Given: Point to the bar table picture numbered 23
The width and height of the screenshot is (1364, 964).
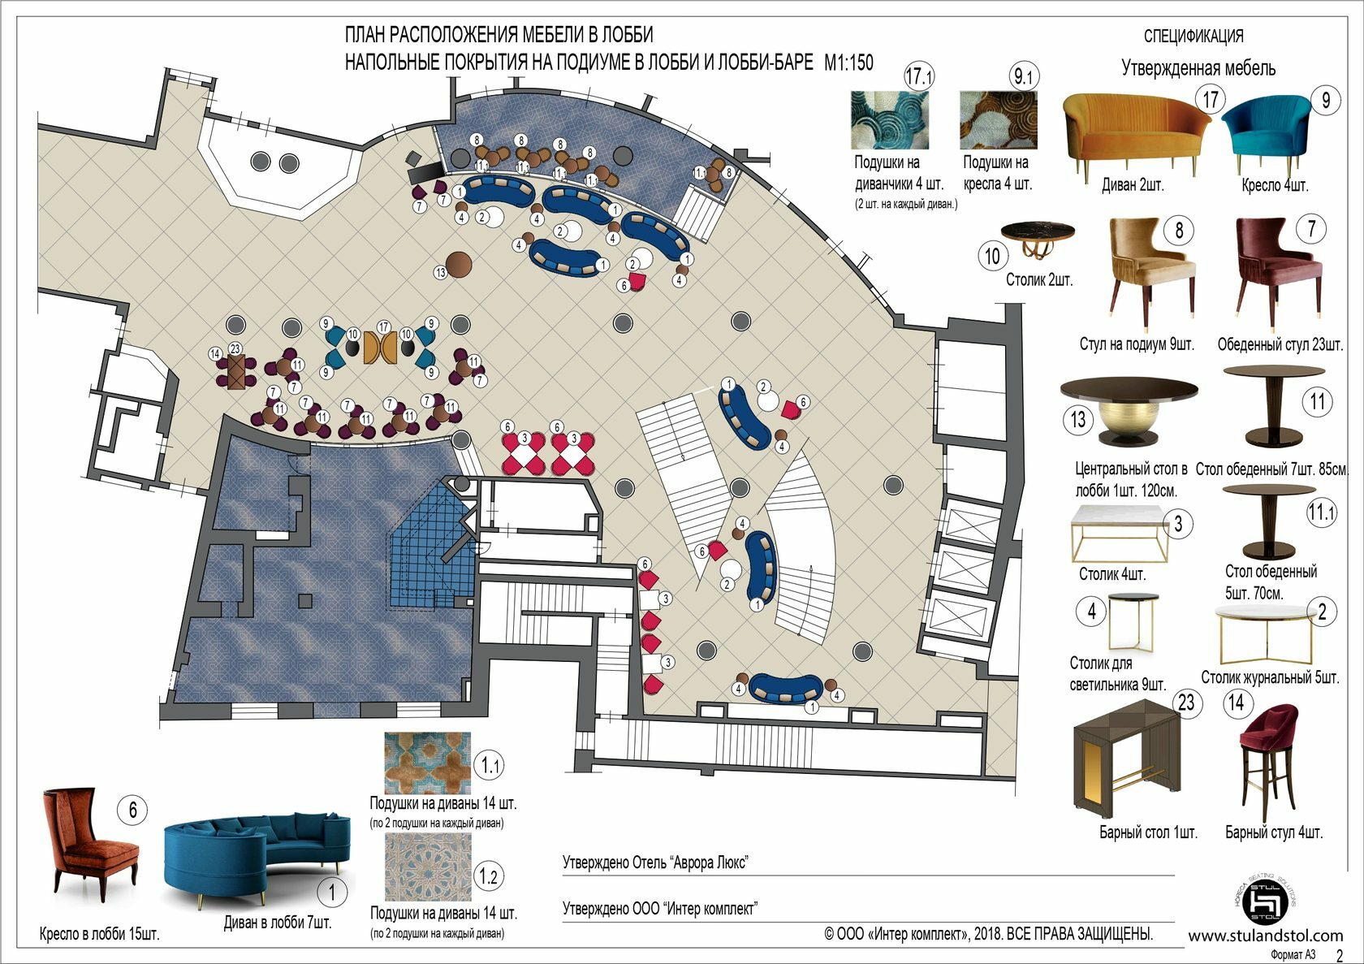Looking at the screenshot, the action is pos(1129,763).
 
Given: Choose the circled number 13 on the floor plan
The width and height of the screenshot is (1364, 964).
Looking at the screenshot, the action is pos(441,273).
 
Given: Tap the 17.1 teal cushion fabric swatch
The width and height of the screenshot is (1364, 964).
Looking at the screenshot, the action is pos(889,119).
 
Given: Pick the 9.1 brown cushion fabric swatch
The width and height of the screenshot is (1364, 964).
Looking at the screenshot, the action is pos(998,119).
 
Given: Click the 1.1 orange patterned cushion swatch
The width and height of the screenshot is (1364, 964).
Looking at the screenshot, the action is pos(427,763).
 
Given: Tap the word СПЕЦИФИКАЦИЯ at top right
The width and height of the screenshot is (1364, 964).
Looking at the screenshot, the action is pos(1193,37).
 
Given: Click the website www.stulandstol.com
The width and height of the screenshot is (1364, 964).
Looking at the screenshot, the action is pos(1265,936).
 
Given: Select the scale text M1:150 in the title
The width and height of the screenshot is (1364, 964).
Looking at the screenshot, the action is pos(848,63).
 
